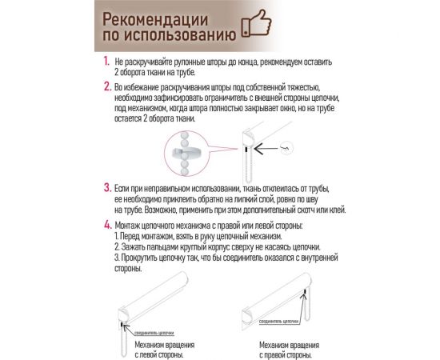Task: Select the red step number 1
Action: (x=106, y=60)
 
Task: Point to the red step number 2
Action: (x=107, y=86)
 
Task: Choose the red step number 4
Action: (x=107, y=226)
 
